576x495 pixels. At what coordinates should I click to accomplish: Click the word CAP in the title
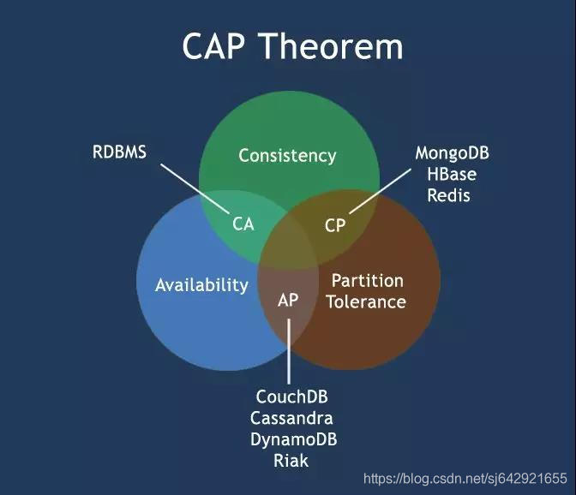coord(213,46)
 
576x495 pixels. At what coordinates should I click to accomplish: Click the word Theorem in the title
coord(332,46)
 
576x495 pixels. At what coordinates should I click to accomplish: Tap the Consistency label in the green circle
coord(287,156)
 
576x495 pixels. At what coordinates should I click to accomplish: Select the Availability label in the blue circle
coord(201,285)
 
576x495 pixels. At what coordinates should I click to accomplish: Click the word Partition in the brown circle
coord(368,281)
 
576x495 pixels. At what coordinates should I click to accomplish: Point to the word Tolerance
coord(367,302)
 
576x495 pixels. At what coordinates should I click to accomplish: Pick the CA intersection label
coord(243,224)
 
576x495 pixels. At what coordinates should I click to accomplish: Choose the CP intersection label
coord(335,225)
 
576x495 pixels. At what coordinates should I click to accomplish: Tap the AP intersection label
coord(288,300)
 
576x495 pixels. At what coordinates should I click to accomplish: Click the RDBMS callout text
coord(119,152)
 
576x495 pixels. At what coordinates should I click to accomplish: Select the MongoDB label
coord(453,153)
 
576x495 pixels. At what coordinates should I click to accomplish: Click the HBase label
coord(452,174)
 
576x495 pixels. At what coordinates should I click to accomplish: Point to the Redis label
coord(449,195)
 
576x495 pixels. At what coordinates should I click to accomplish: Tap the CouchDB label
coord(292,397)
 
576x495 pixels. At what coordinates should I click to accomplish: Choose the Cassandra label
coord(291,418)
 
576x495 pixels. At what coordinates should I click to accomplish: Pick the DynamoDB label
coord(293,439)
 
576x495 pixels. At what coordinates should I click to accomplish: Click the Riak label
coord(291,461)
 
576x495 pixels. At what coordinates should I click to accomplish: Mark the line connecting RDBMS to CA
coord(195,188)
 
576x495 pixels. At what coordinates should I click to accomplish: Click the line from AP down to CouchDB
coord(289,351)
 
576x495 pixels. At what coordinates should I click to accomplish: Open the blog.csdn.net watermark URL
coord(465,479)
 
